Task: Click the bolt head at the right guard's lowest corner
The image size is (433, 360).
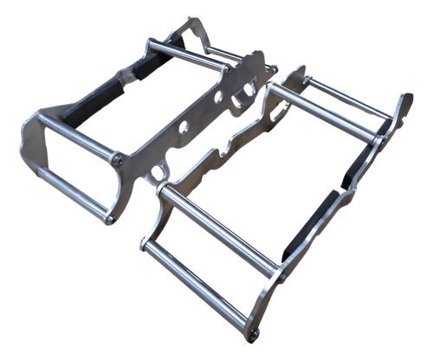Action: click(x=252, y=332)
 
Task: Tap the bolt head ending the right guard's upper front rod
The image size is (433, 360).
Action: click(x=281, y=277)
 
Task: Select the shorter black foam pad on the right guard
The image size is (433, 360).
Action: click(x=358, y=170)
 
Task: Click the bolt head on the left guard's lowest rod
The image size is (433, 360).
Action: click(x=110, y=219)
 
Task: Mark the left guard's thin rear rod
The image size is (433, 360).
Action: click(x=224, y=55)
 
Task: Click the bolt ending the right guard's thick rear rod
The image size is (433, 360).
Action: click(x=381, y=138)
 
